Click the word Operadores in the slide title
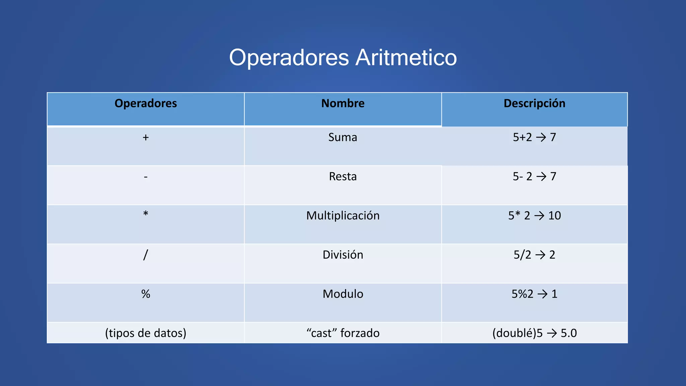(x=289, y=58)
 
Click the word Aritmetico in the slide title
(x=406, y=58)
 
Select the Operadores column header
(x=146, y=103)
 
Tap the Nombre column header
(x=343, y=103)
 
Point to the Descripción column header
(x=534, y=103)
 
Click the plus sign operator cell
(x=146, y=137)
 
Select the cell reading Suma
(x=343, y=137)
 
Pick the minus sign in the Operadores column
(x=146, y=177)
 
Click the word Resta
(x=343, y=177)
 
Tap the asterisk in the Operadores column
(x=146, y=213)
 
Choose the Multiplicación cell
(x=343, y=216)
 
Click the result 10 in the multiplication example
(x=554, y=216)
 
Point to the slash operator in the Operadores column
(x=145, y=255)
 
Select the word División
(x=343, y=255)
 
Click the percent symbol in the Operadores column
(x=146, y=294)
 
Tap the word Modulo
(x=343, y=294)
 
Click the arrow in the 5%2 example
(x=542, y=294)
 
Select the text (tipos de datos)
(x=146, y=333)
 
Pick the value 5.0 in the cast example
(x=568, y=333)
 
